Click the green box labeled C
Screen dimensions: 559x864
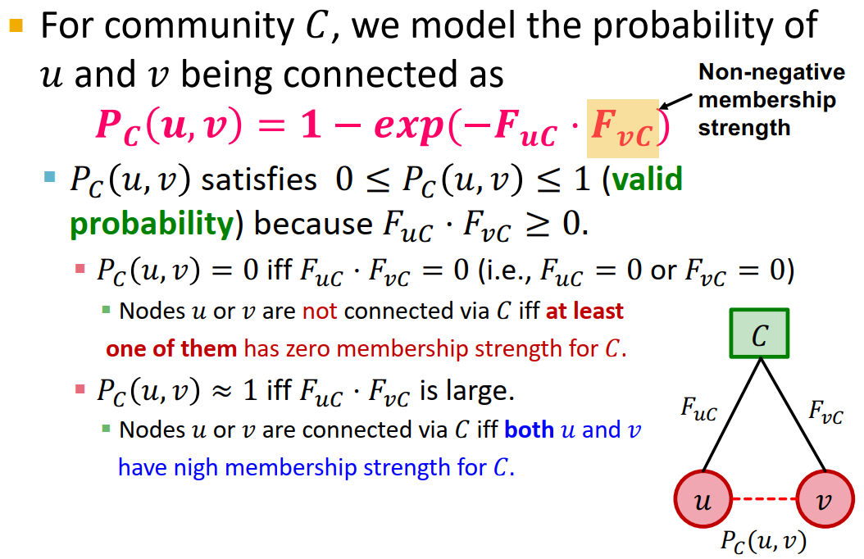pos(759,334)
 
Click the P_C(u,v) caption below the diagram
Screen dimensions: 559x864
pos(762,540)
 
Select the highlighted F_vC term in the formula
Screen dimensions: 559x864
pos(622,128)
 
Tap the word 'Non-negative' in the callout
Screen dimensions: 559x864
pos(771,73)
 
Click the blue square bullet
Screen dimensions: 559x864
pos(50,176)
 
